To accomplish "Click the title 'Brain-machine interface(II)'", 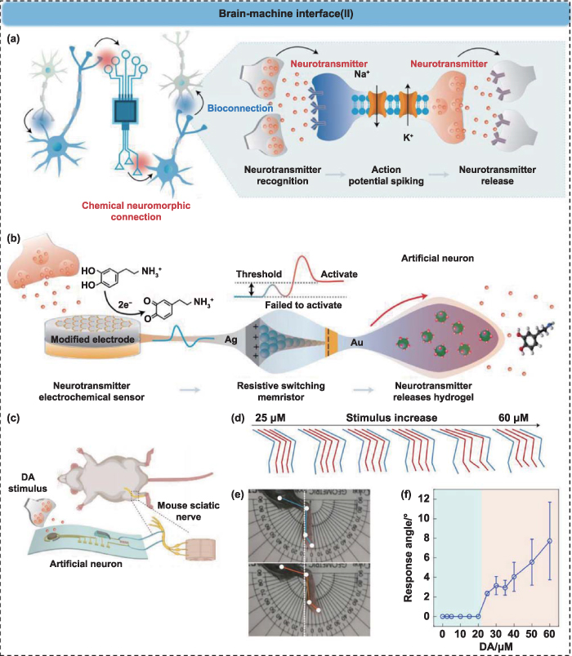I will [x=285, y=16].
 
